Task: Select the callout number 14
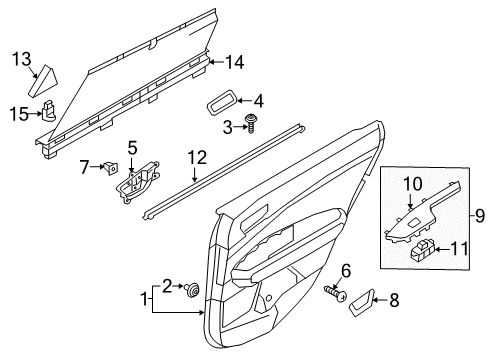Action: click(x=234, y=62)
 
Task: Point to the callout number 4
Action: click(x=258, y=100)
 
